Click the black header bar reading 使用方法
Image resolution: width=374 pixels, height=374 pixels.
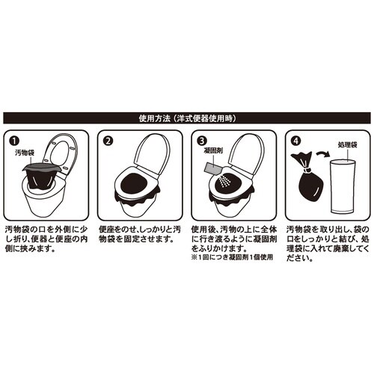coord(187,117)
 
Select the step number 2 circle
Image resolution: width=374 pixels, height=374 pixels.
coord(108,140)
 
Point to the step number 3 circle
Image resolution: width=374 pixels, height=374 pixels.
coord(201,140)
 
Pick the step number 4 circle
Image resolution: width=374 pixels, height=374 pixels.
coord(294,140)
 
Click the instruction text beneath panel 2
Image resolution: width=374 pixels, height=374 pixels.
coord(139,235)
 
